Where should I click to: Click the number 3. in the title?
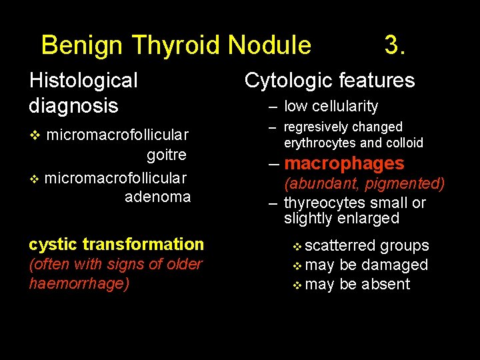pyautogui.click(x=395, y=45)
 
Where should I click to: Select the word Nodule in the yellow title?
pyautogui.click(x=269, y=45)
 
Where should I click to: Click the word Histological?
pyautogui.click(x=83, y=81)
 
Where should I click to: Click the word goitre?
pyautogui.click(x=166, y=155)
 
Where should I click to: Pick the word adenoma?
pyautogui.click(x=157, y=197)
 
